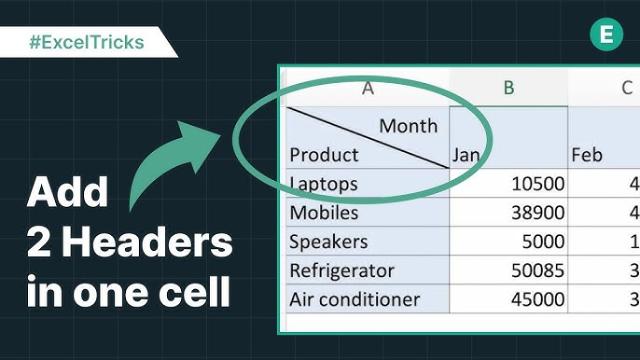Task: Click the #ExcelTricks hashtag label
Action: (87, 42)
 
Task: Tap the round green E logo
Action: (606, 34)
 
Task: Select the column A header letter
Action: (368, 88)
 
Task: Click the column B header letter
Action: (508, 88)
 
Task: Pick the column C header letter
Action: (627, 88)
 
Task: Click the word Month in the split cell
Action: (409, 126)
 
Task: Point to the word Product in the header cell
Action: (324, 155)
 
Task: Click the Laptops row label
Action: (324, 184)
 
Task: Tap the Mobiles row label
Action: (324, 213)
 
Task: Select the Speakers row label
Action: (328, 242)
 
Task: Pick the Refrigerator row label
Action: (342, 270)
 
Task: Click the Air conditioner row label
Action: (355, 299)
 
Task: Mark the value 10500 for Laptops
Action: (538, 184)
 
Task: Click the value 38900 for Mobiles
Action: (538, 213)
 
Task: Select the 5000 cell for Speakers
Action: (543, 242)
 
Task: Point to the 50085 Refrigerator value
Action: (538, 270)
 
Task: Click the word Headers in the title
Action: (147, 242)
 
